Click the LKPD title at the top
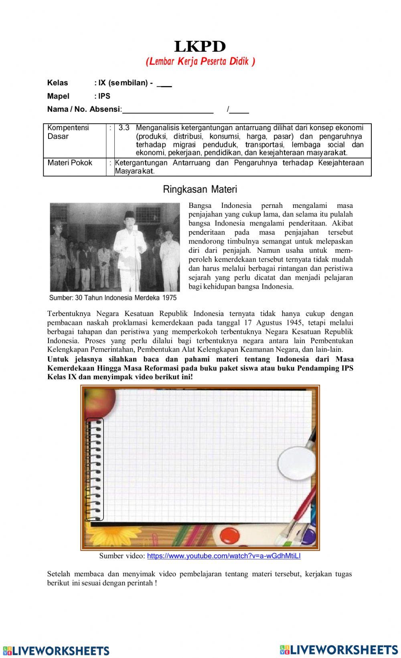point(200,47)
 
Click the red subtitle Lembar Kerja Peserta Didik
point(200,61)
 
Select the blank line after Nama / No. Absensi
point(168,110)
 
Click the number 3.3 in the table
point(124,128)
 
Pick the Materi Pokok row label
point(70,163)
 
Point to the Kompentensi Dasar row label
point(68,132)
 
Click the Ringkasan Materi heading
point(200,189)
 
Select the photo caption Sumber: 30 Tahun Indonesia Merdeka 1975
point(113,298)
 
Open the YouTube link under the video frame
point(224,556)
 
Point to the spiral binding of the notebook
point(95,469)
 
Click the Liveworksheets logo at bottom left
point(56,650)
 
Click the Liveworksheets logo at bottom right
point(339,649)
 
